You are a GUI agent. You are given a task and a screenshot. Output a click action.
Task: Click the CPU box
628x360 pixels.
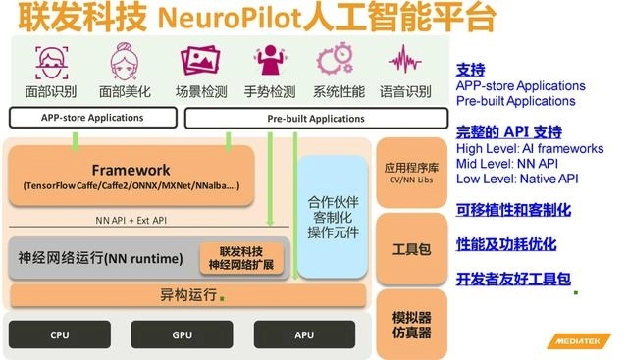(x=60, y=334)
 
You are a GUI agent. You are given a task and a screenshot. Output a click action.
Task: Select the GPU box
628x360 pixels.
(x=182, y=334)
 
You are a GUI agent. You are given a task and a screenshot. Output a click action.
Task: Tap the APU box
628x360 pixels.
(x=304, y=334)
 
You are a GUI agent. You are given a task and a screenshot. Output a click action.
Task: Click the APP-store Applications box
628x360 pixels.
(x=93, y=118)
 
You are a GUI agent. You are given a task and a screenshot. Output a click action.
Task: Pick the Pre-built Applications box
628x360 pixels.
(x=316, y=119)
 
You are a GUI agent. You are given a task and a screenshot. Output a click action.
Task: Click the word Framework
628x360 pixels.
(x=131, y=170)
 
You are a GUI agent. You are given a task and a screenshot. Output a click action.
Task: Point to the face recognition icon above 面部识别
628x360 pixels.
(x=52, y=63)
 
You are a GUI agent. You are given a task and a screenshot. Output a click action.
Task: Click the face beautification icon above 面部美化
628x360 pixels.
(x=125, y=61)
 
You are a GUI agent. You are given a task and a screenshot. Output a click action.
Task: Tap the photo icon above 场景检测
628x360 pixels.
(x=200, y=61)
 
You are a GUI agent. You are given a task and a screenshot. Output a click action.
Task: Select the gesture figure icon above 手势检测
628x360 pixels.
(x=270, y=60)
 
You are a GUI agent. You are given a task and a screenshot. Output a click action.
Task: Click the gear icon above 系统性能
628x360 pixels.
(x=336, y=59)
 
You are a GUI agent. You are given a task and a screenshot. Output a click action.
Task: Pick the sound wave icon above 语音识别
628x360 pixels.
(x=404, y=59)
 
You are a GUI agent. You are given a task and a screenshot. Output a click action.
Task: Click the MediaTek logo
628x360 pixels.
(x=579, y=341)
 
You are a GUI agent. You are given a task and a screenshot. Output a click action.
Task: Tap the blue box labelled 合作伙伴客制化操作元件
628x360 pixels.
(x=333, y=217)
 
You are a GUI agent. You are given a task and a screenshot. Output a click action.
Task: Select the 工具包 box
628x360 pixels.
(x=412, y=249)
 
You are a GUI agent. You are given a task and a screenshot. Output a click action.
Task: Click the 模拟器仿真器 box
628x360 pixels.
(x=412, y=325)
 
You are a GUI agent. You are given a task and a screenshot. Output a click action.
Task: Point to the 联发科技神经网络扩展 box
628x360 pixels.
(x=241, y=258)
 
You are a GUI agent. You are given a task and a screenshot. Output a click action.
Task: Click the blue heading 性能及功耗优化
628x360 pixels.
(x=506, y=244)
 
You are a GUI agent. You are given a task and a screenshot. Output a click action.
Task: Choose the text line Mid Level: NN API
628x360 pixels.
(x=507, y=164)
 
